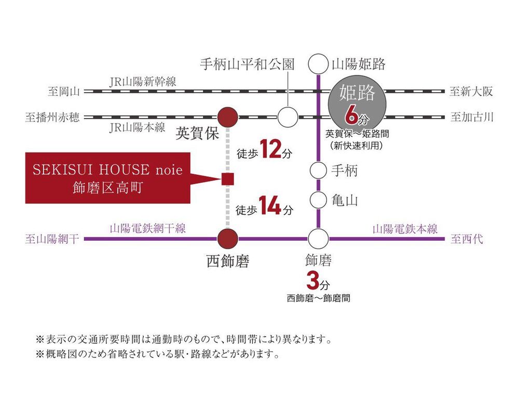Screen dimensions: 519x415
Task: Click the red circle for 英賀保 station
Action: (228, 117)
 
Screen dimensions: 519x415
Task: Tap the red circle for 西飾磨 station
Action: (228, 239)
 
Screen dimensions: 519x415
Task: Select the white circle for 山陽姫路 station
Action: (319, 64)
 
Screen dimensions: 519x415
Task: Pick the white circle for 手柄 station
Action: (319, 171)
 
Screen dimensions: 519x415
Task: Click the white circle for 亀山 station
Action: (319, 200)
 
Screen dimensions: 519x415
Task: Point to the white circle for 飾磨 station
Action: (319, 239)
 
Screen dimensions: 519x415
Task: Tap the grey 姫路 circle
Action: (357, 104)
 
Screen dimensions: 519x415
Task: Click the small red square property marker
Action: (228, 179)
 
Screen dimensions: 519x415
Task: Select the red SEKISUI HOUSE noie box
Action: (108, 178)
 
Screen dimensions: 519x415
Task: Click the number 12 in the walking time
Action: (270, 149)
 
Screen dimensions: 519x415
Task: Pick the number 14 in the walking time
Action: (270, 205)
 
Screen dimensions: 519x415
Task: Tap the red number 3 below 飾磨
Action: (313, 281)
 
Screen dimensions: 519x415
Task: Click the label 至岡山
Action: (64, 91)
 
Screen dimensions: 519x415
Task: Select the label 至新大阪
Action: (471, 91)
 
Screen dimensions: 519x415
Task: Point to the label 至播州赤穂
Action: (52, 117)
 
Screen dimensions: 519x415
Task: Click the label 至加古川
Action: (472, 117)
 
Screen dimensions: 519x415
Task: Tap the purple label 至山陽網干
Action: (52, 239)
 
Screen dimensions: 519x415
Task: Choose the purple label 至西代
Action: (467, 239)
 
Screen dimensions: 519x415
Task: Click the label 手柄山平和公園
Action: (247, 64)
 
